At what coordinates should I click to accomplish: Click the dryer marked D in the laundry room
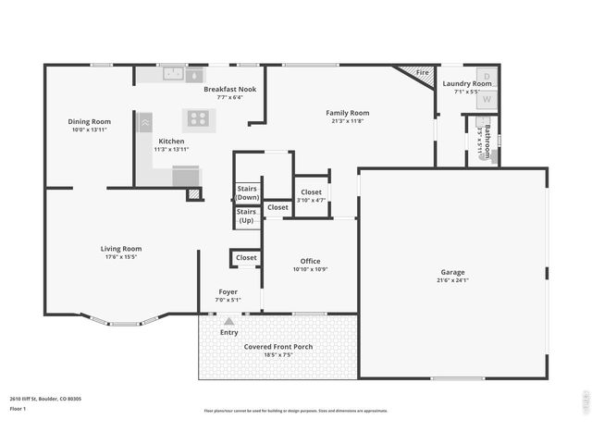[x=487, y=76]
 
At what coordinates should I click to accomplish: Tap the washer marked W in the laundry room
[x=487, y=96]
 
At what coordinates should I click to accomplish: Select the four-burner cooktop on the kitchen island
[x=198, y=117]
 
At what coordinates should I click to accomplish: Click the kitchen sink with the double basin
[x=173, y=74]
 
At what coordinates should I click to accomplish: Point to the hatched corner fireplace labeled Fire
[x=419, y=74]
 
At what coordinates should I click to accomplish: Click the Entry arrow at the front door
[x=228, y=321]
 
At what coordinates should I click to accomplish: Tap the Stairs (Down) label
[x=247, y=192]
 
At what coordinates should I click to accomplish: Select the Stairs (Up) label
[x=247, y=216]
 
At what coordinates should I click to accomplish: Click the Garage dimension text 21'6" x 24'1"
[x=452, y=281]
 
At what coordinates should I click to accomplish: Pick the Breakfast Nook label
[x=229, y=89]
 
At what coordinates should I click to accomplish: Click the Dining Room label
[x=90, y=121]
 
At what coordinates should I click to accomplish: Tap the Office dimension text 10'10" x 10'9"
[x=310, y=269]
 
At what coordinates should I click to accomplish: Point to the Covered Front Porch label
[x=278, y=347]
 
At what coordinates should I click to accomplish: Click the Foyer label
[x=228, y=291]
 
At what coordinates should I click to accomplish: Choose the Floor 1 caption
[x=18, y=408]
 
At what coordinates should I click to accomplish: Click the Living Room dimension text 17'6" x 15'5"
[x=121, y=257]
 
